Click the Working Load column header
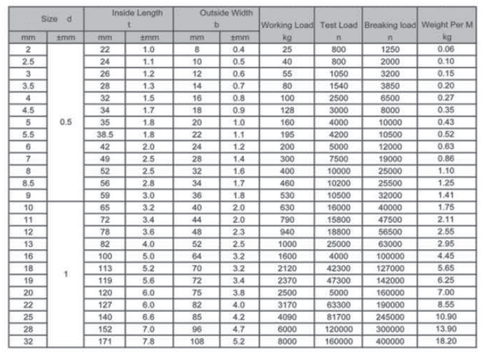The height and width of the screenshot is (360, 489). click(286, 25)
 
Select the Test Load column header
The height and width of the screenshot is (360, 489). click(338, 25)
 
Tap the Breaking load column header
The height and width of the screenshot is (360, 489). click(390, 25)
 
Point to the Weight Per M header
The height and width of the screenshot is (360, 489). click(447, 25)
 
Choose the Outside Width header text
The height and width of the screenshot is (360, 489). click(217, 12)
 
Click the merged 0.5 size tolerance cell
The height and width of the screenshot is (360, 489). click(65, 121)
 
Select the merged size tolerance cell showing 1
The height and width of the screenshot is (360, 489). click(65, 274)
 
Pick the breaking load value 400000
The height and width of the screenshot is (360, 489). click(390, 341)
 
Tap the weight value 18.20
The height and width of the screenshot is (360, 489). click(447, 341)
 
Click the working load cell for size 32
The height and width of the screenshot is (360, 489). click(286, 341)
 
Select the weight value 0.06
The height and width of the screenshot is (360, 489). click(447, 49)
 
